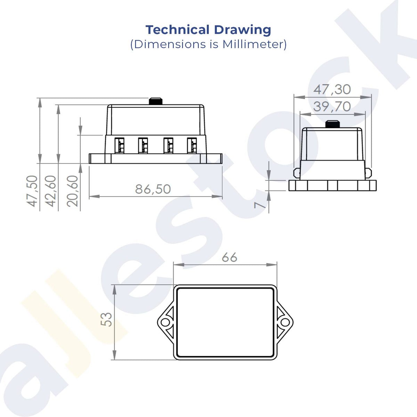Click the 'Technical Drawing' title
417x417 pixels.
(208, 30)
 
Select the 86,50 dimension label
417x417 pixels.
(153, 189)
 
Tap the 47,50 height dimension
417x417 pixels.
(32, 191)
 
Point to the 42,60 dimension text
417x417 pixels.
(50, 191)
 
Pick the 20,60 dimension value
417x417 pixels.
(72, 191)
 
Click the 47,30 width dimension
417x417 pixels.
(332, 89)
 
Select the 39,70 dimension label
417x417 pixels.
(332, 106)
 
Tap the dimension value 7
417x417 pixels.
(260, 205)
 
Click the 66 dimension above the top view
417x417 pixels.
(230, 257)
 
